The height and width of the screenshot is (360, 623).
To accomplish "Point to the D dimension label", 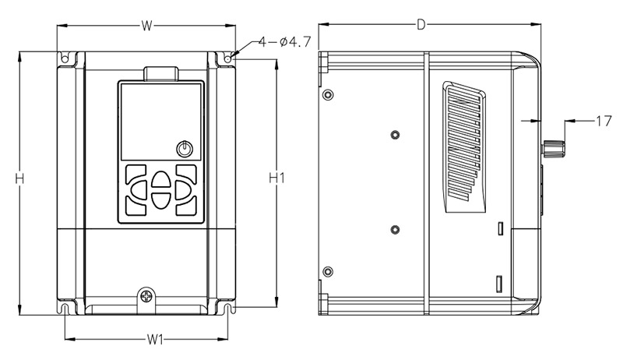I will point(421,25).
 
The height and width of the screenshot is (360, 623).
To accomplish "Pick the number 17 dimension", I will point(604,121).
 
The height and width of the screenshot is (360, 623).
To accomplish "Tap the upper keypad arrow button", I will point(161,179).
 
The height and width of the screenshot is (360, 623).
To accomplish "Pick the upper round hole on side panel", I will point(395,132).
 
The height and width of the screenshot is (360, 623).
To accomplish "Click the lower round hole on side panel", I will point(395,229).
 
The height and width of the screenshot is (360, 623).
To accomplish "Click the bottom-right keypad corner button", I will point(187,207).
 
